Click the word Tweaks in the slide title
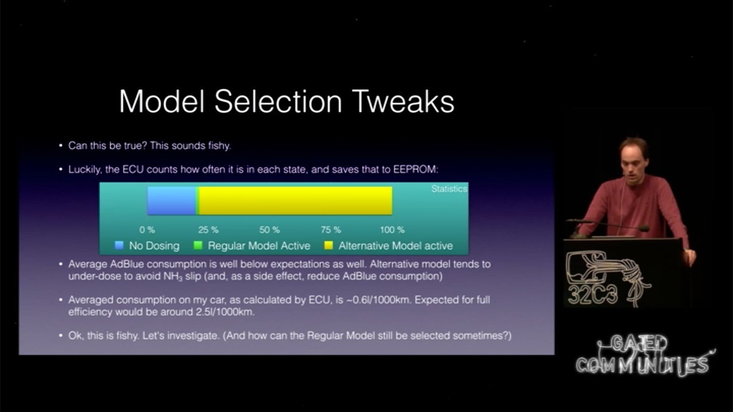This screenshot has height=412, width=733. click(x=404, y=101)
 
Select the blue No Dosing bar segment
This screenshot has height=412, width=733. click(x=171, y=200)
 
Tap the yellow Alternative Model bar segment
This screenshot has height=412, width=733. click(x=295, y=200)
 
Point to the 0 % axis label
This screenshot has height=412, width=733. click(x=147, y=230)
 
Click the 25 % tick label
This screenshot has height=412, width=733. click(x=208, y=230)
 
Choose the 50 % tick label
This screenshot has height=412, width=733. click(x=270, y=230)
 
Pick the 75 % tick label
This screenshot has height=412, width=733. click(x=331, y=230)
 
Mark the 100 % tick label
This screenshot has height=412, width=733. click(x=392, y=230)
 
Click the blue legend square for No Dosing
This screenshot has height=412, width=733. click(x=119, y=245)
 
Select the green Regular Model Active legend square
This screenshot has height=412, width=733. click(x=198, y=245)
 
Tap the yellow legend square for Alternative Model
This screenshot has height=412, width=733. click(x=328, y=245)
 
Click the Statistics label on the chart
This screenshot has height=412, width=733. click(x=450, y=189)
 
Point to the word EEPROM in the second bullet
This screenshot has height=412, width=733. click(x=416, y=169)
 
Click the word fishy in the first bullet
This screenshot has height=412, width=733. click(x=219, y=146)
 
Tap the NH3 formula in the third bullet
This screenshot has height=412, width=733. click(x=173, y=276)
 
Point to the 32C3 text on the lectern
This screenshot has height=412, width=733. click(x=593, y=294)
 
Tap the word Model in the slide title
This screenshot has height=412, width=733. click(x=162, y=101)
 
